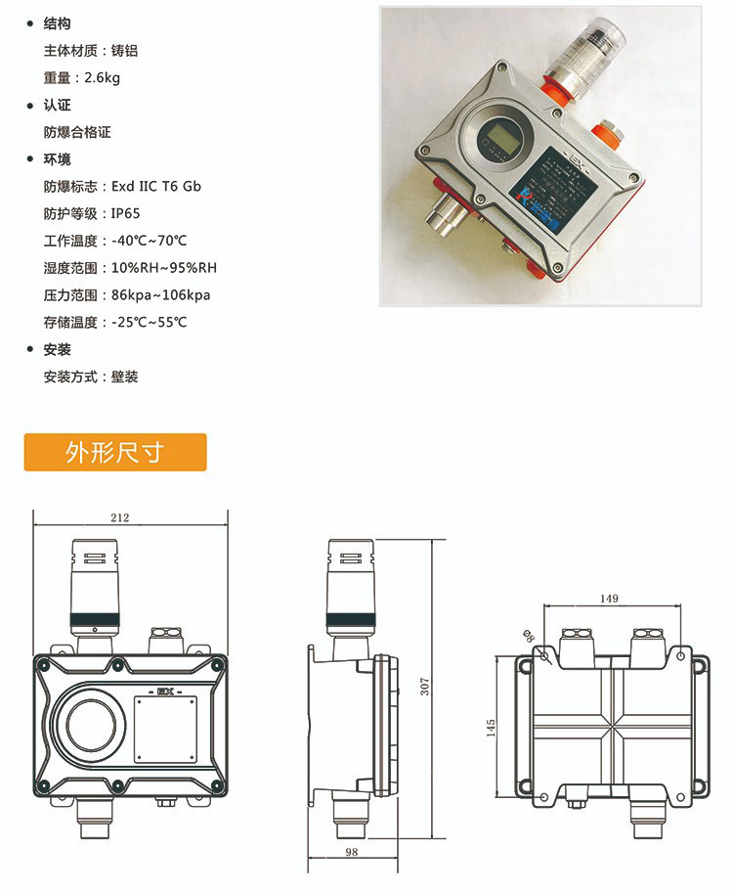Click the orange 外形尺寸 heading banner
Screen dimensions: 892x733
115,453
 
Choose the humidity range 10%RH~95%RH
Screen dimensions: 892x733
163,268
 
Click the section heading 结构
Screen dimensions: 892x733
58,23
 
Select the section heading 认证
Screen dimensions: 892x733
58,105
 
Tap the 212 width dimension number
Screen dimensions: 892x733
120,517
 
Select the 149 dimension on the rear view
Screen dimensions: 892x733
608,598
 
